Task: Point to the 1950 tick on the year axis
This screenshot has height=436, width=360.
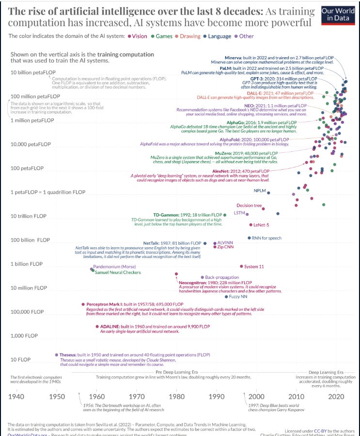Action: coord(57,397)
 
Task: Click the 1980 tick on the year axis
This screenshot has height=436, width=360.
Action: coord(177,397)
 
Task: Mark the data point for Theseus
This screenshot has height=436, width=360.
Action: coord(57,355)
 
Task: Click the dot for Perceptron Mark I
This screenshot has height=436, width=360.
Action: coord(83,304)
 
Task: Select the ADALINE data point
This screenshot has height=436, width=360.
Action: coord(97,326)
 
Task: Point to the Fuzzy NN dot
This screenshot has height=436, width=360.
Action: coord(226,296)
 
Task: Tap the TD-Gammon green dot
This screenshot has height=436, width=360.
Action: coord(225,215)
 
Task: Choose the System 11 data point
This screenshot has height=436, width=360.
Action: coord(241,266)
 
